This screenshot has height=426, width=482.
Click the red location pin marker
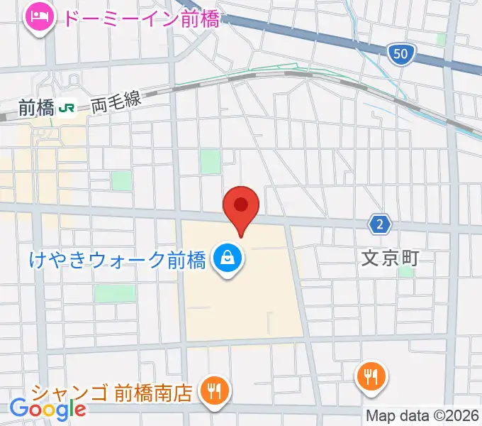[x=241, y=207]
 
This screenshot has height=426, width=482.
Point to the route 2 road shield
[x=381, y=225]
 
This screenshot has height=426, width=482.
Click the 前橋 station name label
[x=36, y=108]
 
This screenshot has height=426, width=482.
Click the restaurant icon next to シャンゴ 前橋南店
[x=212, y=390]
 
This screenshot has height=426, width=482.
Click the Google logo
[x=47, y=408]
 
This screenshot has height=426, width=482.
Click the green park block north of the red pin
[x=211, y=163]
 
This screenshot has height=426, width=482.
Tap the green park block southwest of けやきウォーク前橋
[x=114, y=293]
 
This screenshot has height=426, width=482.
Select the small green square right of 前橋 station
[x=122, y=180]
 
